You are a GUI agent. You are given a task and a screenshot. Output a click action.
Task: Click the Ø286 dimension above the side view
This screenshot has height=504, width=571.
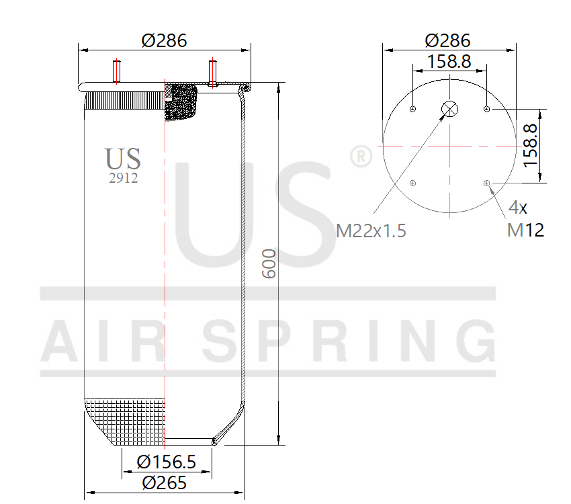pos(164,40)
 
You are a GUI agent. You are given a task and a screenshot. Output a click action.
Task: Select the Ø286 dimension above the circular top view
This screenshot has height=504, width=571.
pos(448,40)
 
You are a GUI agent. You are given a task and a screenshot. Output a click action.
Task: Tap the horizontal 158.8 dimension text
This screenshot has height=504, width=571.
pos(449,62)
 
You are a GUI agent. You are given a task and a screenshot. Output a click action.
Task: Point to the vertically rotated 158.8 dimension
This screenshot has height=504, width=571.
pos(531,145)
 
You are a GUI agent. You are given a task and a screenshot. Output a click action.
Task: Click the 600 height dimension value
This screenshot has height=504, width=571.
pos(268,263)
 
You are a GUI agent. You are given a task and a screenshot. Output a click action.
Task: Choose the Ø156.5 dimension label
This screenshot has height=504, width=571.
pos(166,462)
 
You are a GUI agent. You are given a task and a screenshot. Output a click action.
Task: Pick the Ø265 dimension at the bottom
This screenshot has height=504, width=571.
pos(164,482)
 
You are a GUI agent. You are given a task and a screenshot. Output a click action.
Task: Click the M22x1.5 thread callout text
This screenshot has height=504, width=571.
pos(371,231)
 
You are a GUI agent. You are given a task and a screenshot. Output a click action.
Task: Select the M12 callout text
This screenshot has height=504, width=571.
pos(525,230)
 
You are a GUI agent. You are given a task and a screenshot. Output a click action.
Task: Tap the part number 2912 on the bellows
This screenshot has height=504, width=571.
pos(124,178)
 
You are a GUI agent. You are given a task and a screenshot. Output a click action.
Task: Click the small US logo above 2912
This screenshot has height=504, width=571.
pos(123,159)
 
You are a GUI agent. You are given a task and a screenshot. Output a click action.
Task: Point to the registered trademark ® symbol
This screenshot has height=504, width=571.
pos(361,157)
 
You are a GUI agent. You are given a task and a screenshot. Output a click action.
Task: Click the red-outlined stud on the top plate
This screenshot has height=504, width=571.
pos(213,73)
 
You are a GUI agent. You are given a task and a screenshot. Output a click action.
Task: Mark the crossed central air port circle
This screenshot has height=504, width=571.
pos(449,109)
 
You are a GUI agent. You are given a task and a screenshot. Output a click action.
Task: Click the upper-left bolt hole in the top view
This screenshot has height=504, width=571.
pos(412,109)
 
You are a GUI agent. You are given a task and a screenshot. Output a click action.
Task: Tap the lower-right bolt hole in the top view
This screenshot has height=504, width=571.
pos(486,182)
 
